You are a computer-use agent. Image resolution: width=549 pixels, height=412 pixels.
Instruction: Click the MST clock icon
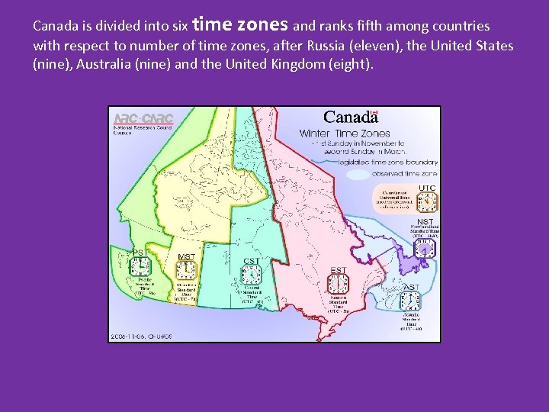[185, 270]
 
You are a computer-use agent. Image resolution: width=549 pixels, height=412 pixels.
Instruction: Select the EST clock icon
[338, 284]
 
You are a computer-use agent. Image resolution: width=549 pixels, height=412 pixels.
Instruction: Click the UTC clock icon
[427, 201]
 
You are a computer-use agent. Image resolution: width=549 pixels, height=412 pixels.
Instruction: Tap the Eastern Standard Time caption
[339, 304]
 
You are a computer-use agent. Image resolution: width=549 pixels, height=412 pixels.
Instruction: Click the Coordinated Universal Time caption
[395, 200]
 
